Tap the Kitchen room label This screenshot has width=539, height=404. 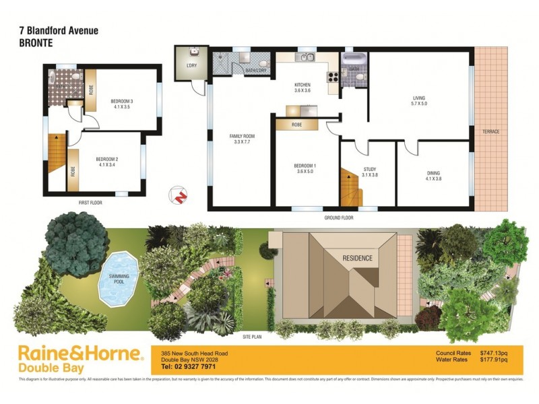point(302,86)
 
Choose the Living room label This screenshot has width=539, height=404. point(420,101)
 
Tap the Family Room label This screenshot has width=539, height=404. point(243,139)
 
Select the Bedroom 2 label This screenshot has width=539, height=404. point(108,162)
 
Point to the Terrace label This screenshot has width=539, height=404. point(490,131)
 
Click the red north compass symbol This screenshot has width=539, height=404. point(179,195)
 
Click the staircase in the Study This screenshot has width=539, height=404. point(350,189)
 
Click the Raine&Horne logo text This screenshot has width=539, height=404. point(80,353)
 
